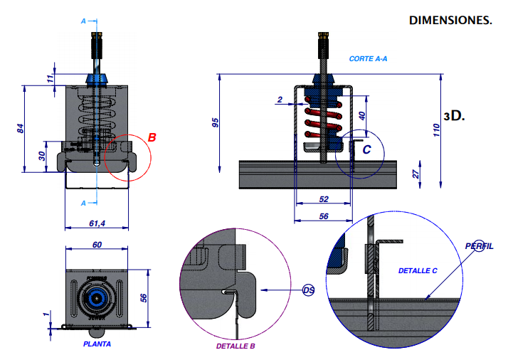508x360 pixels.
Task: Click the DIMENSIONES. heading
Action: coord(450,20)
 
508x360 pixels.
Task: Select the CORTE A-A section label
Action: coord(368,58)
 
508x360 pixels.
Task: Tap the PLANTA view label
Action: coord(97,342)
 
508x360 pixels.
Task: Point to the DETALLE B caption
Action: coord(235,346)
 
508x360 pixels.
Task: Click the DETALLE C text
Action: coord(418,271)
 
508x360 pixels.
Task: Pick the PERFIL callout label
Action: coord(479,245)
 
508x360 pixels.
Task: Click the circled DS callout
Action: coord(308,290)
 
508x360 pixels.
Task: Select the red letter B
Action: coord(152,137)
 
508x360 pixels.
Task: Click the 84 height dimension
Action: coord(21,129)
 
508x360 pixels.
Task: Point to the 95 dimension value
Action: coord(216,121)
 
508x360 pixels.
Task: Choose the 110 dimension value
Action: coord(436,131)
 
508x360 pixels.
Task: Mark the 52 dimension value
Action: coord(324,199)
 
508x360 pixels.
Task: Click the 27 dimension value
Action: coord(416,173)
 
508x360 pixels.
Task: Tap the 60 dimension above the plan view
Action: coord(97,244)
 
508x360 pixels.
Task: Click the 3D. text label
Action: coord(454,115)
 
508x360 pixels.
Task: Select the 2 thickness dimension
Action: coord(280,98)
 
